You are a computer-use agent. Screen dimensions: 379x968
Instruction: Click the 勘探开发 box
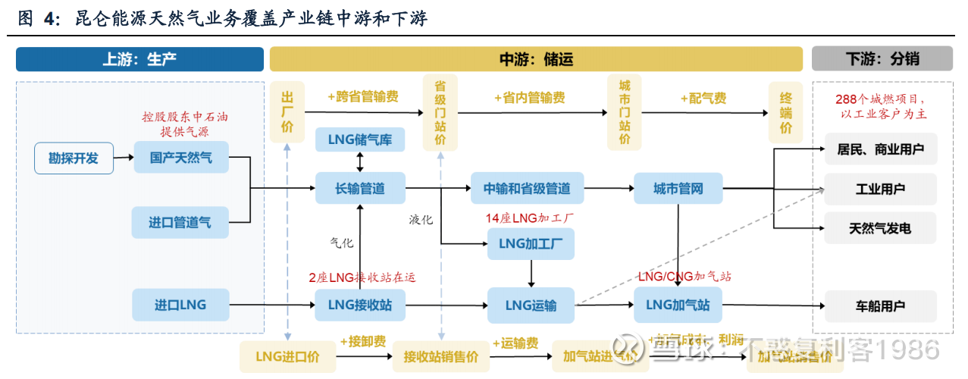click(x=74, y=158)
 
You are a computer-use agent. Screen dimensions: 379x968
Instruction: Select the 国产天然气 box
click(x=180, y=158)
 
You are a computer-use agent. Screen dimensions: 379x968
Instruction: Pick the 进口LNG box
click(x=180, y=305)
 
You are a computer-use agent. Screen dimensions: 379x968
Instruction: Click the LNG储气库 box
click(x=359, y=139)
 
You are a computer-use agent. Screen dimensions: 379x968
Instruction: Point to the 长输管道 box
click(x=360, y=188)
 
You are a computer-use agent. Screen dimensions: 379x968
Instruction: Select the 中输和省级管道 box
click(x=527, y=188)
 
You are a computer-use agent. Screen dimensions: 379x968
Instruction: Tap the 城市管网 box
click(x=678, y=188)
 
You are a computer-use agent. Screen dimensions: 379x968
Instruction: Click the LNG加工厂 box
click(x=531, y=243)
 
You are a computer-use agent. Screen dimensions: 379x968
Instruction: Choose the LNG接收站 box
click(x=360, y=305)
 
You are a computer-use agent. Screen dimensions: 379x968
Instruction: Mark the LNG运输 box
click(x=531, y=305)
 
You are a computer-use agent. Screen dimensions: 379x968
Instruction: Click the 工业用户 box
click(x=880, y=189)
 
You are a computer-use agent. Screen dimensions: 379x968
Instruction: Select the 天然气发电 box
click(x=880, y=227)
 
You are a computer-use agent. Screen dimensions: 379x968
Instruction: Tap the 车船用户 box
click(x=880, y=306)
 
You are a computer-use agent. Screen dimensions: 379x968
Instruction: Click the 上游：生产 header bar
click(x=139, y=59)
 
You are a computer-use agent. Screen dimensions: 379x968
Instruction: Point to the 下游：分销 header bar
click(x=882, y=59)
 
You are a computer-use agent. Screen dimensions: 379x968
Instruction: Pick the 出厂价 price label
click(x=287, y=112)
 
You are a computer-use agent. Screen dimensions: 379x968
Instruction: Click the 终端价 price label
click(x=786, y=112)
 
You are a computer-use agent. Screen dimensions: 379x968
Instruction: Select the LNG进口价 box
click(x=287, y=356)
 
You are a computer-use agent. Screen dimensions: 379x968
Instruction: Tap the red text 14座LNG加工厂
click(x=530, y=218)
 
